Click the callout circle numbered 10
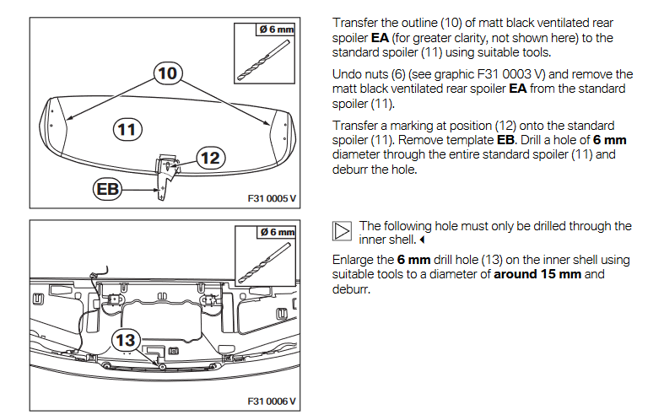(x=168, y=73)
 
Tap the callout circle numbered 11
(x=127, y=129)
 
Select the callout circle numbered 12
(x=211, y=156)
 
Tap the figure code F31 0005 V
(x=271, y=199)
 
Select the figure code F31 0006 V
(x=271, y=401)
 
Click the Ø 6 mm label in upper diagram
(x=277, y=30)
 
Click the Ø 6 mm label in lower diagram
(x=277, y=231)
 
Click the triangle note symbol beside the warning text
(x=341, y=232)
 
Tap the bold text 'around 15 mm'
(x=533, y=275)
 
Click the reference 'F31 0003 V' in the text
(x=483, y=74)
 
